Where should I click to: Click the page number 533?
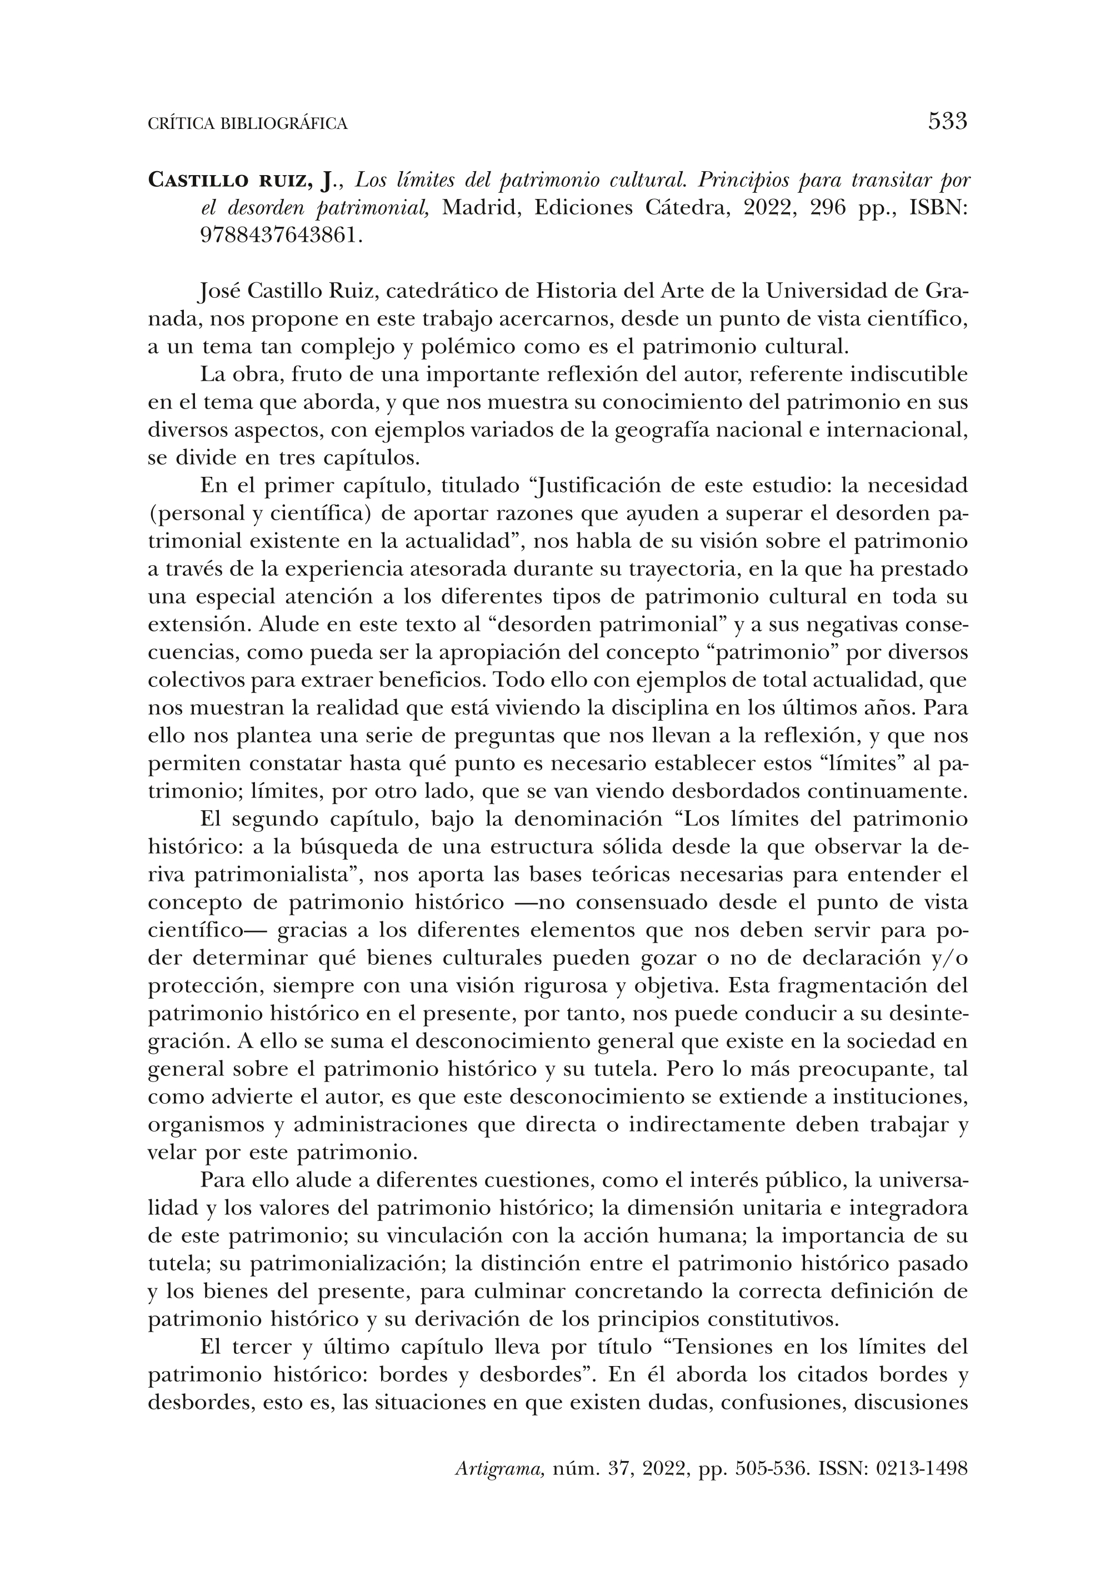click(x=947, y=122)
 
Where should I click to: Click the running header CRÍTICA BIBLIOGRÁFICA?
click(x=248, y=123)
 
